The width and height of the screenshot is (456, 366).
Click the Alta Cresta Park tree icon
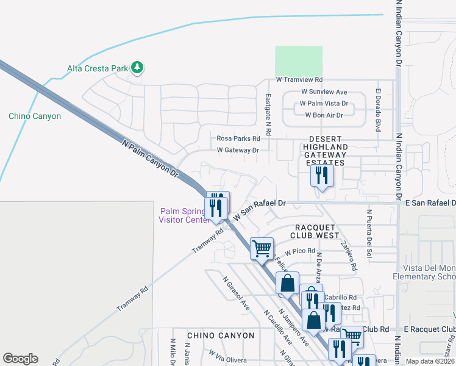point(137,67)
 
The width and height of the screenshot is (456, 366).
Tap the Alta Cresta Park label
point(98,68)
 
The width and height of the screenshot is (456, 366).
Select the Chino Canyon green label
point(35,116)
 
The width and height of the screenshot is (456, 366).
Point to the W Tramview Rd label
point(299,80)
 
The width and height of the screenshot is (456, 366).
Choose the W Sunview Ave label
point(324,91)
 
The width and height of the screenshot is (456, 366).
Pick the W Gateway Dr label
point(238,150)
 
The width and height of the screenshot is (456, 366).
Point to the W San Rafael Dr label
point(260,210)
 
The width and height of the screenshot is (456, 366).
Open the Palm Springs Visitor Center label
point(185,216)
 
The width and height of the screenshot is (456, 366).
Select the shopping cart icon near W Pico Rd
point(262,248)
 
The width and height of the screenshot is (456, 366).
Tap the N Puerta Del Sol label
point(369,232)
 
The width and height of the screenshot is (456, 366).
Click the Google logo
point(20,359)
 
